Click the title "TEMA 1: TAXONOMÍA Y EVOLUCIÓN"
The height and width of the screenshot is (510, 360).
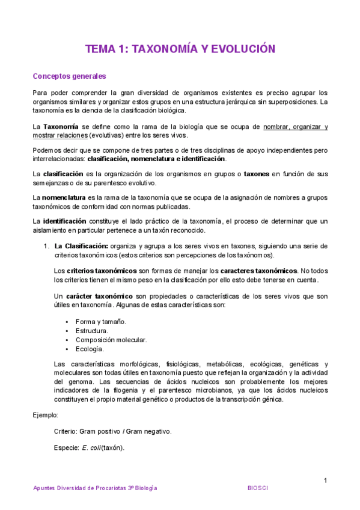(180, 49)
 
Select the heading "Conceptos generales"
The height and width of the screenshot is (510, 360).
(69, 76)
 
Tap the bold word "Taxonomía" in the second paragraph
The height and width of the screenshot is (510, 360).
(60, 126)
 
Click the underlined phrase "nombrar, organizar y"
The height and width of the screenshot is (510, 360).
(296, 126)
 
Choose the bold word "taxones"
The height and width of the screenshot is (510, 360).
(256, 174)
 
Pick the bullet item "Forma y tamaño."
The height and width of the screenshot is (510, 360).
(101, 321)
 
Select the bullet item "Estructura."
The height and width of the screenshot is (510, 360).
(92, 330)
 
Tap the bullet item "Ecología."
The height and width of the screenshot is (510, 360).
(90, 348)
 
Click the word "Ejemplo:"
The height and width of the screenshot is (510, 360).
(46, 414)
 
